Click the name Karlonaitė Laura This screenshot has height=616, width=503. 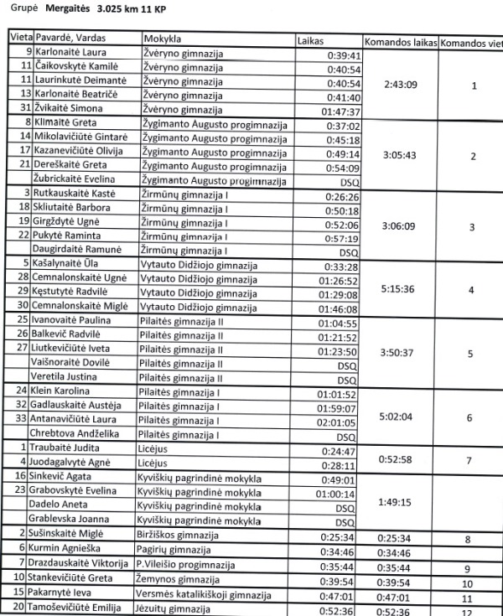tap(70, 54)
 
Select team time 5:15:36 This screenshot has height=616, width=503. tap(399, 290)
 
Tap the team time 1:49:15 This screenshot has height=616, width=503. tap(399, 502)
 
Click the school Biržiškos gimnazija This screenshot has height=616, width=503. tap(177, 535)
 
